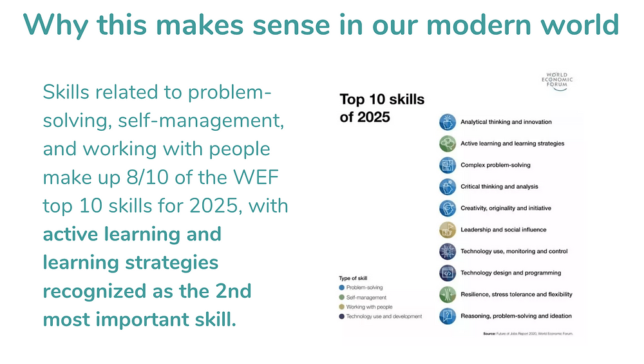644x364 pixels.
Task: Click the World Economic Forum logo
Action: [x=557, y=81]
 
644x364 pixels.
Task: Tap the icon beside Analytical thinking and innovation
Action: [x=448, y=122]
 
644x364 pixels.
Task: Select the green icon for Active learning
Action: [x=448, y=144]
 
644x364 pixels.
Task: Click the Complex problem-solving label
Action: [x=495, y=165]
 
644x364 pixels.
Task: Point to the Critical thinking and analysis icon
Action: [x=448, y=187]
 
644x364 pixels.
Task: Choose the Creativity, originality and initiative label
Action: [x=506, y=208]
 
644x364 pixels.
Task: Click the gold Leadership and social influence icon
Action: [x=448, y=229]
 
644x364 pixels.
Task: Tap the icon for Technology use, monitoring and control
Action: [x=448, y=251]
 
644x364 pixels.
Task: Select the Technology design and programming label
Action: [x=511, y=273]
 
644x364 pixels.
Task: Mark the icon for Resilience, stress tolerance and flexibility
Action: [x=448, y=294]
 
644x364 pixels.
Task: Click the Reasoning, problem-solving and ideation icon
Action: [x=448, y=316]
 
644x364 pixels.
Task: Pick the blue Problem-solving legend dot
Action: [x=341, y=287]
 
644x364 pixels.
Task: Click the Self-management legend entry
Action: [x=363, y=298]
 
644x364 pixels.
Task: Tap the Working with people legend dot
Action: [x=341, y=307]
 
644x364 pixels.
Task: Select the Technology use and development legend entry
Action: [x=381, y=316]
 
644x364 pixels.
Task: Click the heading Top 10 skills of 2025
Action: [x=382, y=108]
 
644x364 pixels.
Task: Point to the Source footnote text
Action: [x=528, y=334]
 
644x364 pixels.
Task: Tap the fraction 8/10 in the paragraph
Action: [x=147, y=177]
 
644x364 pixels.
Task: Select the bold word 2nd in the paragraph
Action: [x=233, y=291]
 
